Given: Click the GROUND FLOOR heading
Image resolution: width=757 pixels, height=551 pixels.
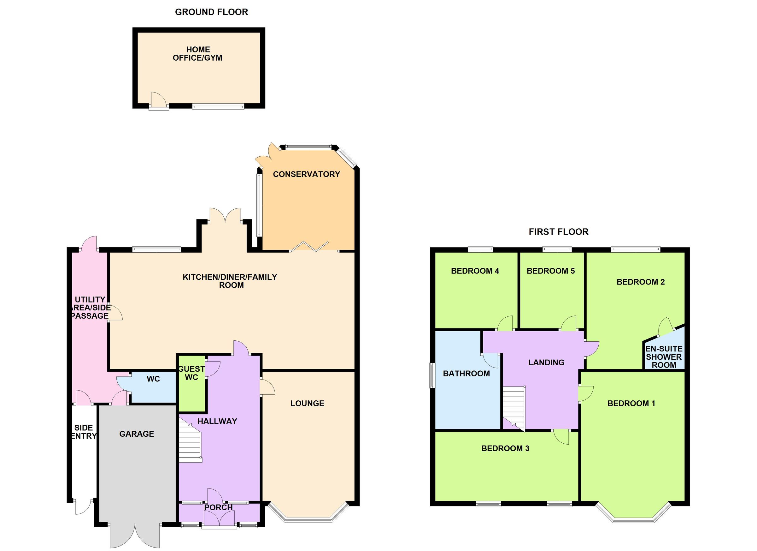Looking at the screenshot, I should (x=211, y=12).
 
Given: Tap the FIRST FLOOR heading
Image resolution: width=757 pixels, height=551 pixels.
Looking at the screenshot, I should (x=558, y=232).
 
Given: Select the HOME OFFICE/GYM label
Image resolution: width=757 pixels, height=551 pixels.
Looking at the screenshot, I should (x=197, y=54).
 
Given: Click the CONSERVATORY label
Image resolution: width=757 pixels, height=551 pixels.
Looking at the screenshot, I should (x=306, y=174).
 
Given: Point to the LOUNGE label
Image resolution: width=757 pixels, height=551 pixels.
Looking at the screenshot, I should (x=307, y=404).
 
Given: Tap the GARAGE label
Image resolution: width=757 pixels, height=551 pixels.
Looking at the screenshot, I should (x=137, y=434).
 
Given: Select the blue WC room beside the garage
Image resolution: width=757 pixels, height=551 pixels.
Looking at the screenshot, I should (x=153, y=388).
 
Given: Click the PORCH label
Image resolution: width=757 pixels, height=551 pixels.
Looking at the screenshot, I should (x=218, y=507).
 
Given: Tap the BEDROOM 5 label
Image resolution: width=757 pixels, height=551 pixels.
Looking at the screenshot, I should (x=550, y=271).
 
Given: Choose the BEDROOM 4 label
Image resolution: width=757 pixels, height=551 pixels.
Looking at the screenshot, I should (x=475, y=271).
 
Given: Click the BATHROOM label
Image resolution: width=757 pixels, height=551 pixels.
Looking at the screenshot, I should (x=466, y=374).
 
